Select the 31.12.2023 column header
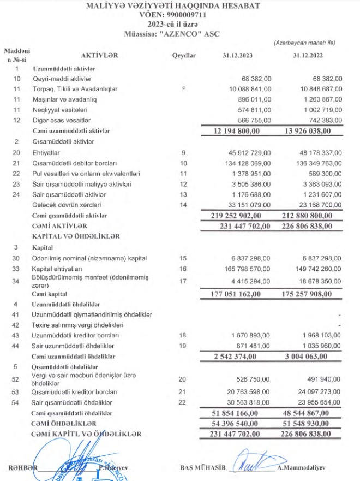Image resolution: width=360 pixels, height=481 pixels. tap(237, 56)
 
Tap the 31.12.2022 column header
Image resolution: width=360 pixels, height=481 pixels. tap(308, 56)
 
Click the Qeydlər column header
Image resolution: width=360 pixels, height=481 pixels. tap(183, 56)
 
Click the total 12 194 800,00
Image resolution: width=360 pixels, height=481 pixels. tap(236, 131)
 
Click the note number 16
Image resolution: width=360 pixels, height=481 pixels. tap(183, 269)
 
